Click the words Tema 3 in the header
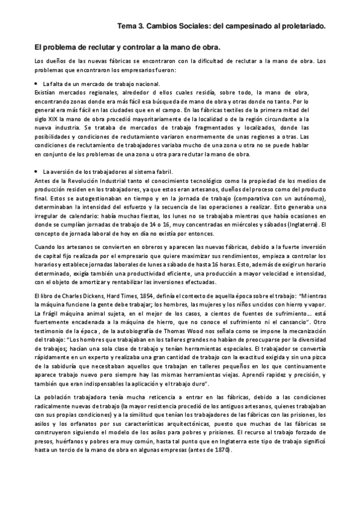(129, 26)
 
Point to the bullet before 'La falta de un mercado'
(37, 83)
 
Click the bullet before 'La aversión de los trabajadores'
(37, 172)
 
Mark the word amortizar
(87, 282)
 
